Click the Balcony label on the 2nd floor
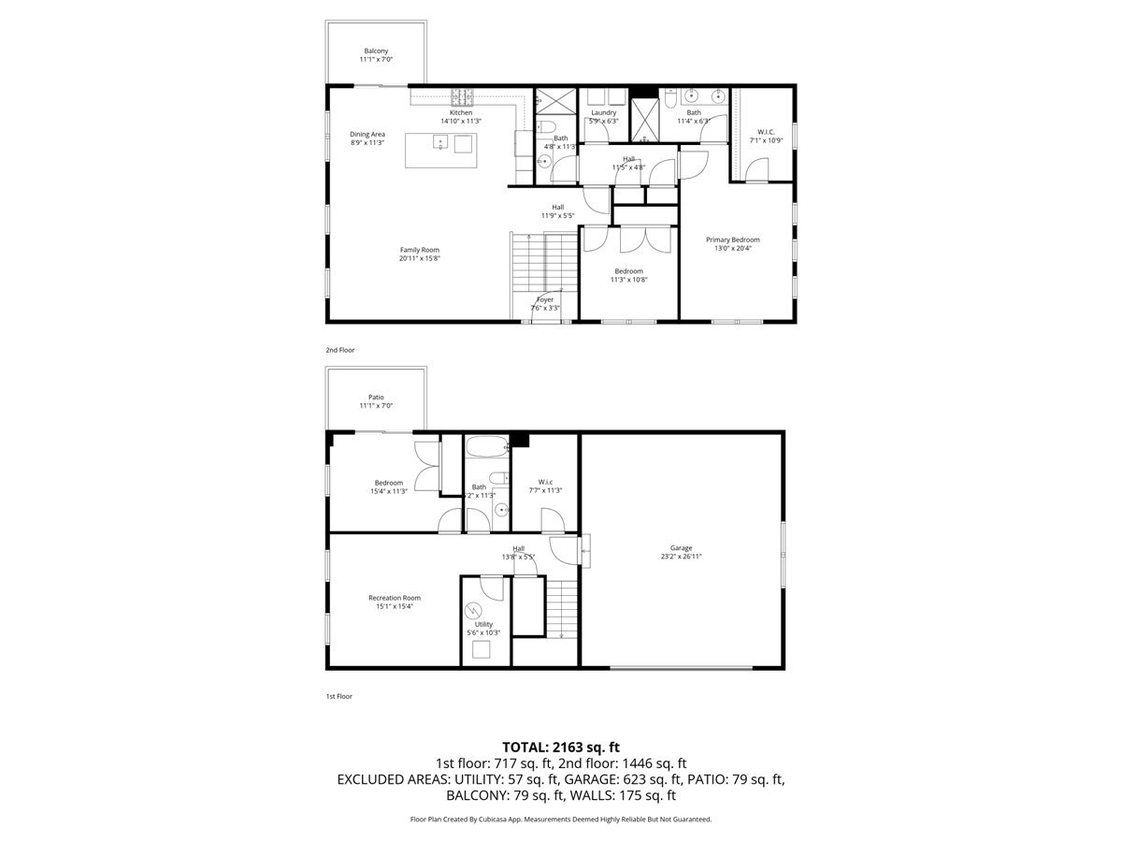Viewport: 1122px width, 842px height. [376, 51]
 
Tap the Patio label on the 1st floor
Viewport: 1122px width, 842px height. [376, 398]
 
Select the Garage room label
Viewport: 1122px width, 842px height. [681, 548]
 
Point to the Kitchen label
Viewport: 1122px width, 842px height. [460, 113]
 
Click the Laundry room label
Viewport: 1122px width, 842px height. [603, 113]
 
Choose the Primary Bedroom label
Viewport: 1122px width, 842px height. [732, 240]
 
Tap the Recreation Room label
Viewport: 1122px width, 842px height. [394, 598]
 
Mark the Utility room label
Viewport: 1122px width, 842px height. [483, 624]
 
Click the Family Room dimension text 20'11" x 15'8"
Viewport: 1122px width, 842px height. [419, 258]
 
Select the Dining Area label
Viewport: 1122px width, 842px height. [367, 134]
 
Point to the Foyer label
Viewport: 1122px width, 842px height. [545, 299]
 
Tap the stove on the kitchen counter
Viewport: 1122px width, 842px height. [463, 94]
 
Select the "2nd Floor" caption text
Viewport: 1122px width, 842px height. [339, 350]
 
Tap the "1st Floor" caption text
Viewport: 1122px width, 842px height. [339, 696]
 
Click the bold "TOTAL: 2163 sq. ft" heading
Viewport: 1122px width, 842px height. [561, 747]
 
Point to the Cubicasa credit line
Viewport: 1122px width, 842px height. [561, 819]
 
